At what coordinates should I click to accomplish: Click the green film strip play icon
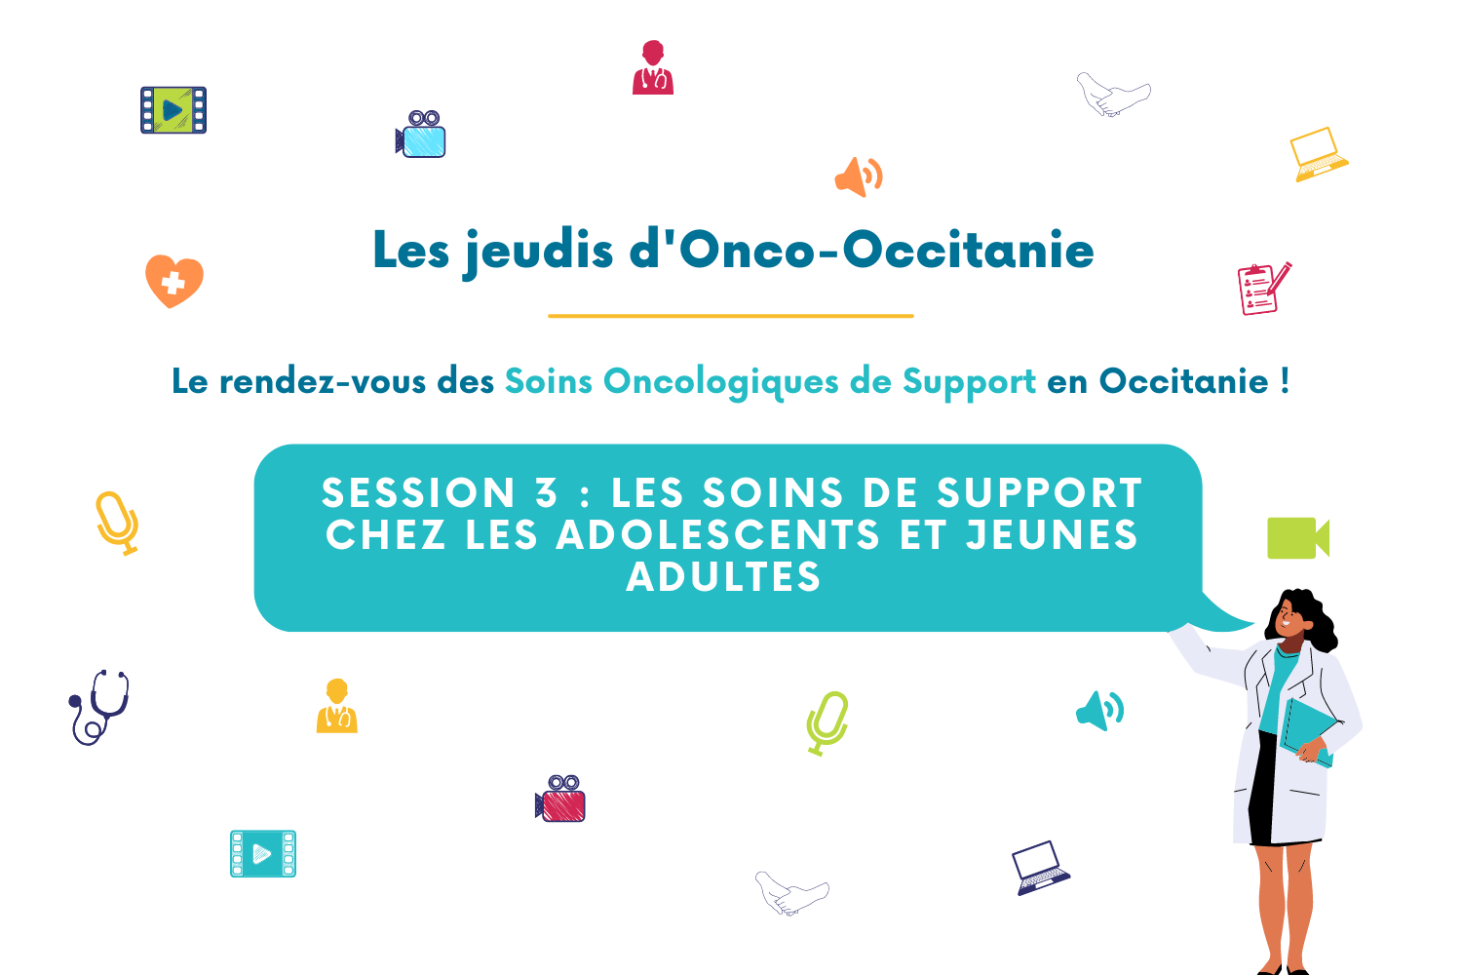coord(173,110)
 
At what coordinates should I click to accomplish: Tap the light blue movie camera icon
coord(421,135)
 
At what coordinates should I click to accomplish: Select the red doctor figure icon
coord(653,67)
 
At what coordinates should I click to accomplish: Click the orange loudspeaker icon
coord(859,176)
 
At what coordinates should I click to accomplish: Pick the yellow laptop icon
coord(1319,155)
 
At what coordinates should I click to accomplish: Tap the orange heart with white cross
coord(174,281)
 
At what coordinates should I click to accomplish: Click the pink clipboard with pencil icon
coord(1264,289)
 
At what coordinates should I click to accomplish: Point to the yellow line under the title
coord(731,316)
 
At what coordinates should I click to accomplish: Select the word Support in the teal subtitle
coord(969,382)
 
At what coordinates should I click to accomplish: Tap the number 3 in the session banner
coord(547,492)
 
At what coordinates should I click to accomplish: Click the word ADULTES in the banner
coord(723,576)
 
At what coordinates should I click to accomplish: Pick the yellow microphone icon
coord(118,524)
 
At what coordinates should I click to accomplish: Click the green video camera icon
coord(1298,538)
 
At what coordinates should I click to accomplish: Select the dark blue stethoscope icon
coord(99,707)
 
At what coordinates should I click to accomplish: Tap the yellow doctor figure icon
coord(337,706)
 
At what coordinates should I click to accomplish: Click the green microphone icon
coord(827,723)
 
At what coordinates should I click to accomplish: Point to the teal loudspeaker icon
coord(1099,711)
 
